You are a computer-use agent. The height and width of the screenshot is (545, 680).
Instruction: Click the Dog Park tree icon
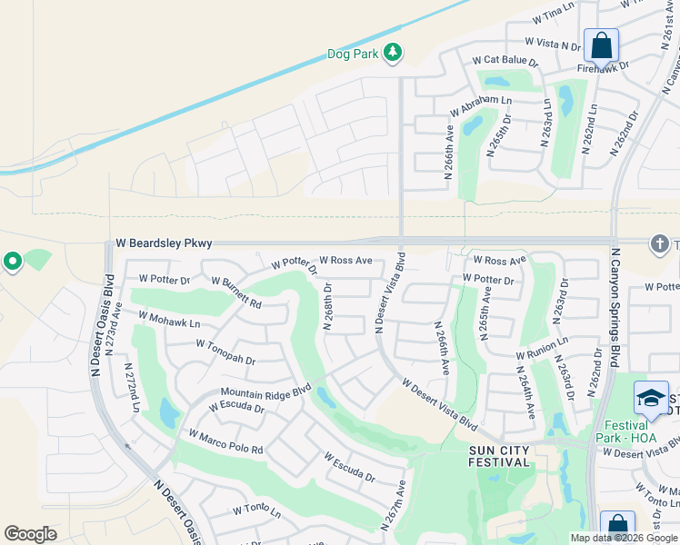pyautogui.click(x=393, y=54)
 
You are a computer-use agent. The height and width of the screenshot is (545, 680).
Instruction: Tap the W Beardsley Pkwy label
pyautogui.click(x=164, y=243)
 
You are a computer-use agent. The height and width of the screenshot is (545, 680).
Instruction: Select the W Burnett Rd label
pyautogui.click(x=236, y=292)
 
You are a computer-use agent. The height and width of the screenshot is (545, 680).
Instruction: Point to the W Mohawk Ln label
pyautogui.click(x=168, y=320)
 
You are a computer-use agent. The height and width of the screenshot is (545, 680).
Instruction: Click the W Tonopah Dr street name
pyautogui.click(x=225, y=352)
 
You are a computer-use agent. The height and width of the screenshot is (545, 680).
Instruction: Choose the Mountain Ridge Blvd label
pyautogui.click(x=265, y=391)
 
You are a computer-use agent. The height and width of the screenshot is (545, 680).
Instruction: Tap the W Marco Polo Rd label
pyautogui.click(x=225, y=442)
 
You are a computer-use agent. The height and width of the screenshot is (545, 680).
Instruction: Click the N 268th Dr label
pyautogui.click(x=328, y=306)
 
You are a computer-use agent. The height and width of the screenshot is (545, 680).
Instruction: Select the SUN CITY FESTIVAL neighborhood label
pyautogui.click(x=499, y=455)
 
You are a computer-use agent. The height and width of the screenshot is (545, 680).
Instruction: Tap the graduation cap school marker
pyautogui.click(x=651, y=398)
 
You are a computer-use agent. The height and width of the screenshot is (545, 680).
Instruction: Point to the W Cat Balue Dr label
pyautogui.click(x=505, y=60)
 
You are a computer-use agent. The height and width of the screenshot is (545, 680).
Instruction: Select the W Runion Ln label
pyautogui.click(x=543, y=348)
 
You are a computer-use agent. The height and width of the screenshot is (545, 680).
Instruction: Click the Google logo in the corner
pyautogui.click(x=30, y=534)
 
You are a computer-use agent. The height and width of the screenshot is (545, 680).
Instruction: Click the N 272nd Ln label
pyautogui.click(x=132, y=388)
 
